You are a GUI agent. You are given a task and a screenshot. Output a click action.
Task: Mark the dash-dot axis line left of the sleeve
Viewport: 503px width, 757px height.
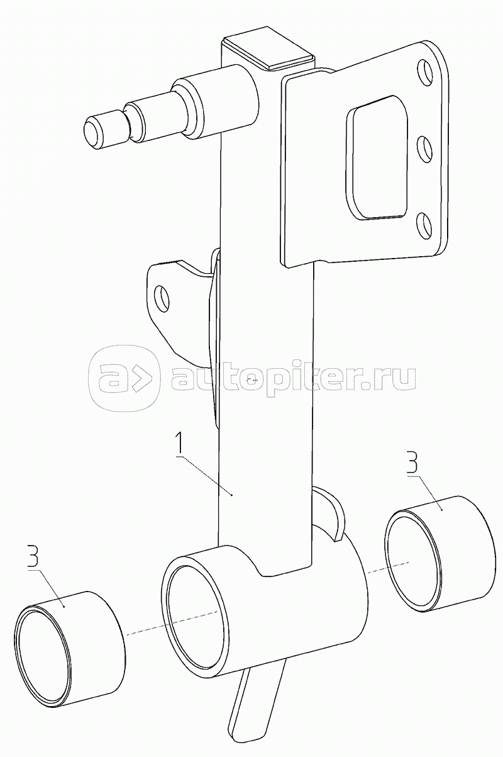tap(170, 623)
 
